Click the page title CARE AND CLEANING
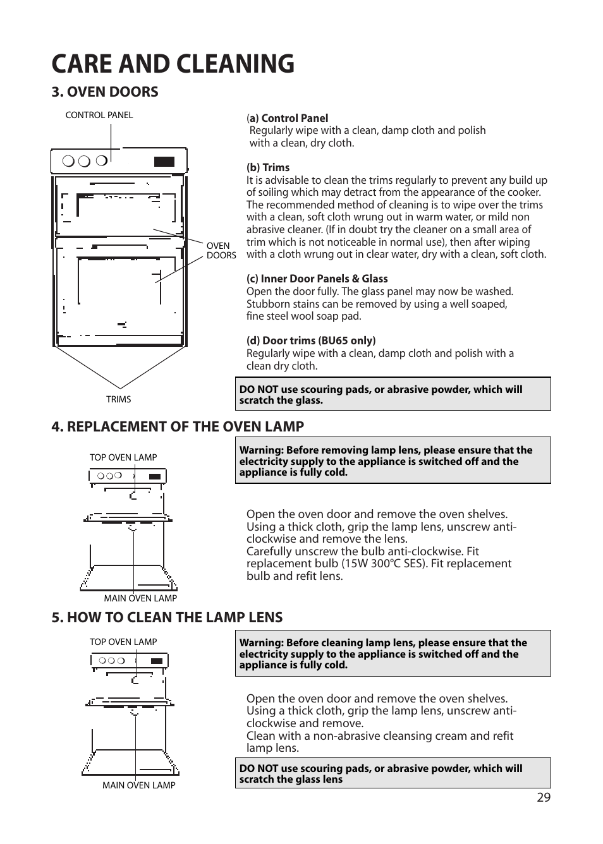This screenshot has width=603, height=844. click(x=173, y=64)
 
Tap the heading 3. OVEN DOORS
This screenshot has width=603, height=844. click(x=105, y=92)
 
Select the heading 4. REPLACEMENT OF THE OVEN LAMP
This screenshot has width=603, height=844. click(x=178, y=426)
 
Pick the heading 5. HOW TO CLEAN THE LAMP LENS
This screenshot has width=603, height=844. click(x=167, y=617)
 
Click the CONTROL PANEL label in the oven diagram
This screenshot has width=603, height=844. click(x=99, y=115)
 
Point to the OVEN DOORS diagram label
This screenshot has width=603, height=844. click(x=221, y=251)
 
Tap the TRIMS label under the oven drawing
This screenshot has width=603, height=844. click(x=118, y=399)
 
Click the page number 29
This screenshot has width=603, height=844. click(x=544, y=797)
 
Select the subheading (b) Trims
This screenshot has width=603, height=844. click(x=268, y=167)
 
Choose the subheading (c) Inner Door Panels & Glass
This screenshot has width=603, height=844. click(x=317, y=279)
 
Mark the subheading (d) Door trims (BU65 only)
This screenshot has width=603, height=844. click(x=311, y=341)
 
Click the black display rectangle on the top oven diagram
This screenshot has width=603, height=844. click(x=164, y=162)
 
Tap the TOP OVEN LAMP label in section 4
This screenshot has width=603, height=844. click(x=123, y=457)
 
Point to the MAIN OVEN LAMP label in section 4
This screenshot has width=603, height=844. click(x=140, y=598)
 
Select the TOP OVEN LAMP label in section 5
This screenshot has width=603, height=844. click(x=123, y=642)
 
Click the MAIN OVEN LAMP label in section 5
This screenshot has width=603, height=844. click(x=139, y=785)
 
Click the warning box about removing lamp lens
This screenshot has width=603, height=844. click(x=393, y=461)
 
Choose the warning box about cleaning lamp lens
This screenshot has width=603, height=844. click(x=393, y=653)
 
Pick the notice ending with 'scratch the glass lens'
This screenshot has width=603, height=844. click(x=393, y=773)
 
